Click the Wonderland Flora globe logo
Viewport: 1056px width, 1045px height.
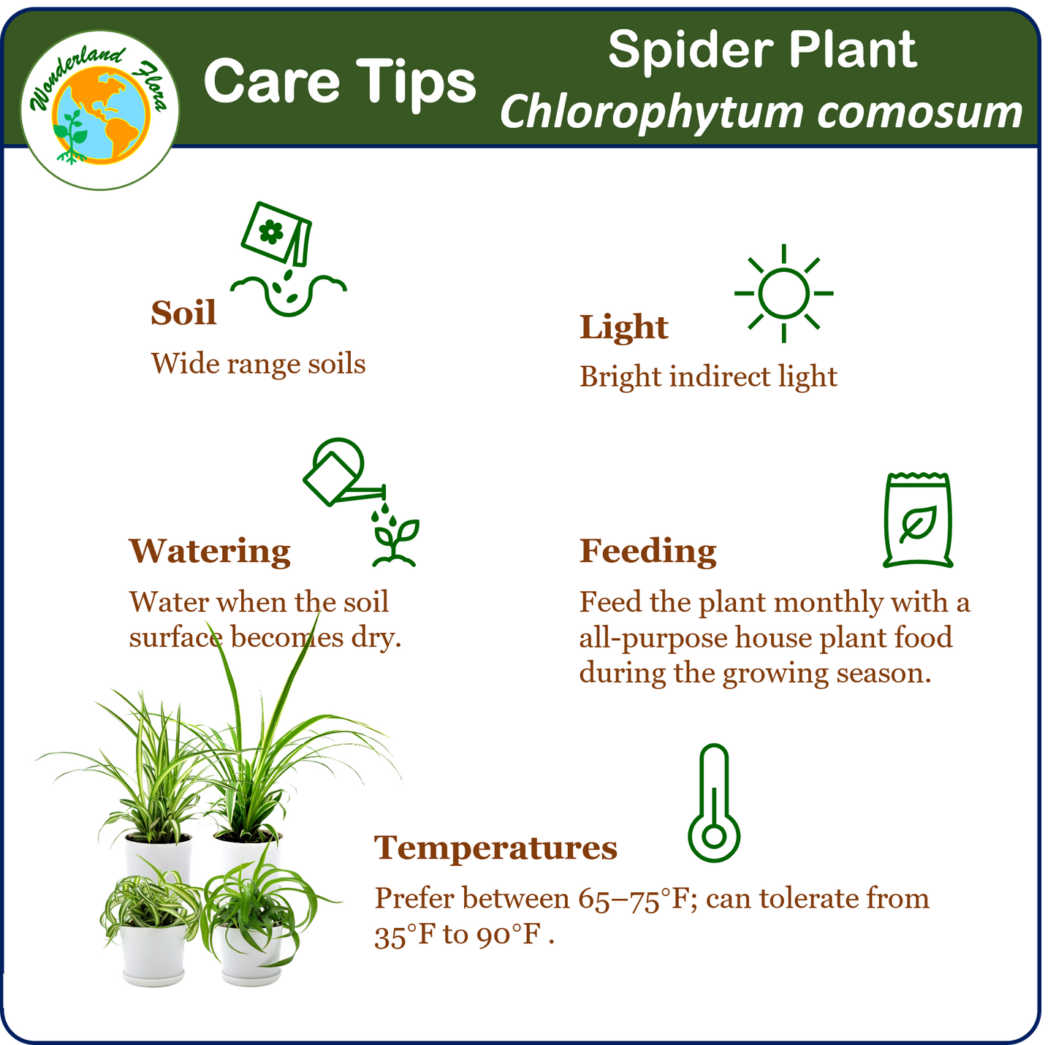point(99,110)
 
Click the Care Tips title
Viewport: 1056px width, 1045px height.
point(340,82)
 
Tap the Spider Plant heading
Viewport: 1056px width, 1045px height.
point(762,51)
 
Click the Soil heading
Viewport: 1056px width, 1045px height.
point(183,313)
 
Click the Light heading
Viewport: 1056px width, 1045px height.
point(623,327)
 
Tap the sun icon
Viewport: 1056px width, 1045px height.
point(783,293)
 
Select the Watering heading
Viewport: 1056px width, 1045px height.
point(209,551)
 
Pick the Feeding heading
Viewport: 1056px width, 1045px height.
point(647,551)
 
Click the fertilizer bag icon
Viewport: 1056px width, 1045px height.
point(918,520)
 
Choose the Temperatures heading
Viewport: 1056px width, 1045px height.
point(495,848)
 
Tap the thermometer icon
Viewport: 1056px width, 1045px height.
point(714,804)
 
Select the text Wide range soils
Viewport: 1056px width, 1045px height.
point(258,364)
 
